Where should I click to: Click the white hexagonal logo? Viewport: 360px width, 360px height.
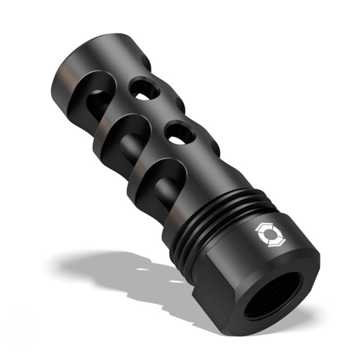coord(264,233)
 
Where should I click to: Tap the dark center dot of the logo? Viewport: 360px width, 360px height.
coord(264,233)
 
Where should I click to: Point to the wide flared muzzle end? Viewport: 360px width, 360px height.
coord(90,58)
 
